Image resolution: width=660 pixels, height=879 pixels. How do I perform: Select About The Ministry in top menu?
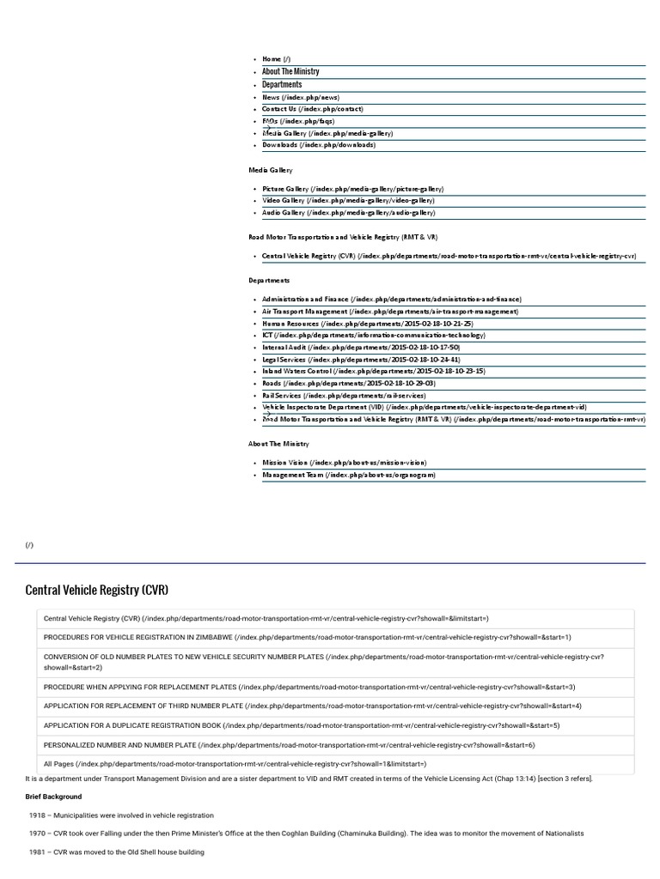(x=290, y=72)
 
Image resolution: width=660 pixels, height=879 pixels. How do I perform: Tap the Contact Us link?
(x=312, y=109)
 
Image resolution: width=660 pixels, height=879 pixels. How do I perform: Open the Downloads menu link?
(x=318, y=145)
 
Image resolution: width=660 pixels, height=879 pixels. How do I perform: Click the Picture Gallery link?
(x=352, y=189)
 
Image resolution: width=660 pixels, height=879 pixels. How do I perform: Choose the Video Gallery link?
(x=349, y=201)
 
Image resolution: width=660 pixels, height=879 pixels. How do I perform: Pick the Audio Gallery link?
(x=348, y=213)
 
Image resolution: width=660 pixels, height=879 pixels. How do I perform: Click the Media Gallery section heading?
(x=271, y=171)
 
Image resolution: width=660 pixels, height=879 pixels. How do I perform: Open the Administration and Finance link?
(x=391, y=300)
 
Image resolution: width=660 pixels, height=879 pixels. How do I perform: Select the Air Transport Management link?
(x=390, y=312)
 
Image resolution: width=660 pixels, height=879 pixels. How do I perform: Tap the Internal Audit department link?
(x=361, y=348)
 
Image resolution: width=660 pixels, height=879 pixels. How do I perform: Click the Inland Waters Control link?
(x=374, y=372)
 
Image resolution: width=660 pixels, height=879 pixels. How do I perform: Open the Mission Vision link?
(x=344, y=463)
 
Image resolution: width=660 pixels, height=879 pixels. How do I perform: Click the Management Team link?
(x=349, y=475)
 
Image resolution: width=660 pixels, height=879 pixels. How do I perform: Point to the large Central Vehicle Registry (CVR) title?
(x=97, y=591)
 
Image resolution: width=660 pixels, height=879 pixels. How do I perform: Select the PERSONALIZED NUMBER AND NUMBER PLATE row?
(x=289, y=745)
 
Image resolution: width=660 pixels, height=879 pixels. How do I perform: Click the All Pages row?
(x=235, y=764)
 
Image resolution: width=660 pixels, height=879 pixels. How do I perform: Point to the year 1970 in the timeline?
(x=37, y=834)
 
